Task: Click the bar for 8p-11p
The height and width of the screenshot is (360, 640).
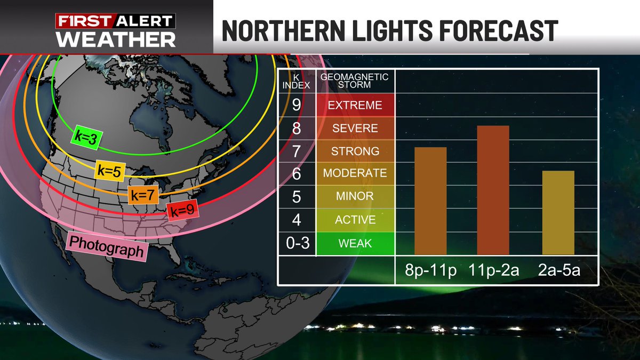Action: (430, 201)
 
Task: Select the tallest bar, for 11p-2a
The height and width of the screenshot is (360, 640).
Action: (493, 190)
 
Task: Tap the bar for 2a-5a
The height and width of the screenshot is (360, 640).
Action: (558, 212)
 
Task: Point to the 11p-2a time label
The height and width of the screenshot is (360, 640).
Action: (493, 271)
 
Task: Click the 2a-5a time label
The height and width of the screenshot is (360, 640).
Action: (558, 271)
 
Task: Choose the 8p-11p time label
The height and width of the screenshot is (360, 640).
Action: (430, 271)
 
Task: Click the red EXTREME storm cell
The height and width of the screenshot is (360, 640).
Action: (355, 105)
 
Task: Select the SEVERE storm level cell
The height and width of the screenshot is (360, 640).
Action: (355, 128)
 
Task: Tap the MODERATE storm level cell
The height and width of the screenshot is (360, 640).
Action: (355, 173)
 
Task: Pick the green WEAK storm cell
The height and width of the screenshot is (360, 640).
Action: (355, 244)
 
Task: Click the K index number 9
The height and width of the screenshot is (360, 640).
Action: (297, 105)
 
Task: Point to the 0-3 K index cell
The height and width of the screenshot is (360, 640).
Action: (297, 244)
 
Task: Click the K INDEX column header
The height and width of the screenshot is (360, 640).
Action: (297, 81)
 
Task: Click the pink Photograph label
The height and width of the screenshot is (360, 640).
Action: (107, 246)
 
